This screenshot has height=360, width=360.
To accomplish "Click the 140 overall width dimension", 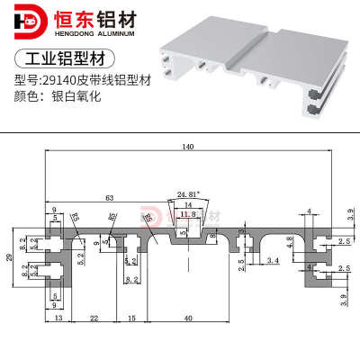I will tap(188, 148).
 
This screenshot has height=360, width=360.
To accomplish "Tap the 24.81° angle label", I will tap(188, 194).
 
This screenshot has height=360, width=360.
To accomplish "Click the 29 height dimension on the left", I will tap(10, 258).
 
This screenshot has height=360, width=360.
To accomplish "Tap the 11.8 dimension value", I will tap(187, 213).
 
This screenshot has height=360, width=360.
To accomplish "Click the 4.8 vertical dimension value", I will tap(290, 240).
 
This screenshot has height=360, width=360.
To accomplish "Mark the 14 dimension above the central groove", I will tap(187, 204).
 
